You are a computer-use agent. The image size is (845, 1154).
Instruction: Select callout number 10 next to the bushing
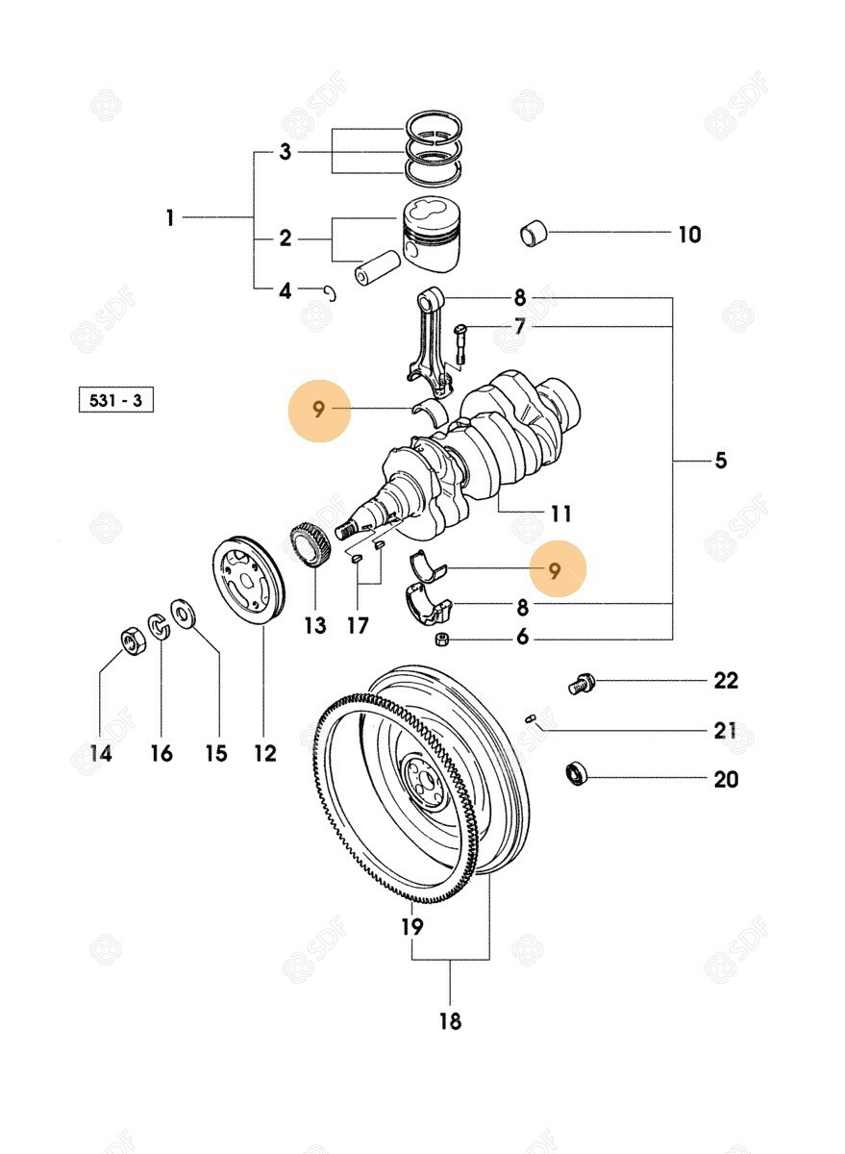coord(689,235)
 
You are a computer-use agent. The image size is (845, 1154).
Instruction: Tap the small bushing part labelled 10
coord(534,234)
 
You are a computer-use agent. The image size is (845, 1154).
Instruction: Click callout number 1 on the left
coord(170,219)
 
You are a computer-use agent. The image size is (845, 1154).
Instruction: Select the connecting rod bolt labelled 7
coord(459,344)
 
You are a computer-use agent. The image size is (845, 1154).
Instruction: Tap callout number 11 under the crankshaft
coord(560,514)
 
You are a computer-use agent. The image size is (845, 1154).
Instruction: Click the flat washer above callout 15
coord(182,613)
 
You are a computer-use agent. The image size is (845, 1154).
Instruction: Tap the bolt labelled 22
coord(581,685)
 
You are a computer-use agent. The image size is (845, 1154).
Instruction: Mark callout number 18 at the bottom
coord(450,1021)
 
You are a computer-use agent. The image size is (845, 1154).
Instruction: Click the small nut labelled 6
coord(440,640)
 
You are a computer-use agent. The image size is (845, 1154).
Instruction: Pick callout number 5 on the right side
coord(720,461)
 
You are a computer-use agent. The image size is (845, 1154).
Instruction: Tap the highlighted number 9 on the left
coord(319,411)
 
